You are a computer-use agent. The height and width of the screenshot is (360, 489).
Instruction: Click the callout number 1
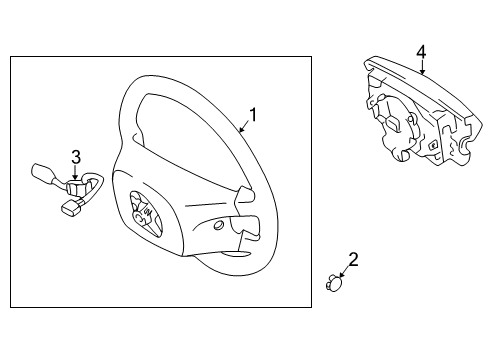[x=253, y=115]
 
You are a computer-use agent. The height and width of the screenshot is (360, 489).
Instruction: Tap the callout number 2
[x=353, y=261]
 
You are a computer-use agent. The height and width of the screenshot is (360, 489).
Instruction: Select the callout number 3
[x=75, y=155]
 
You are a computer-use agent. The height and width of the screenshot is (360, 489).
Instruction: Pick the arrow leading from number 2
[x=343, y=274]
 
